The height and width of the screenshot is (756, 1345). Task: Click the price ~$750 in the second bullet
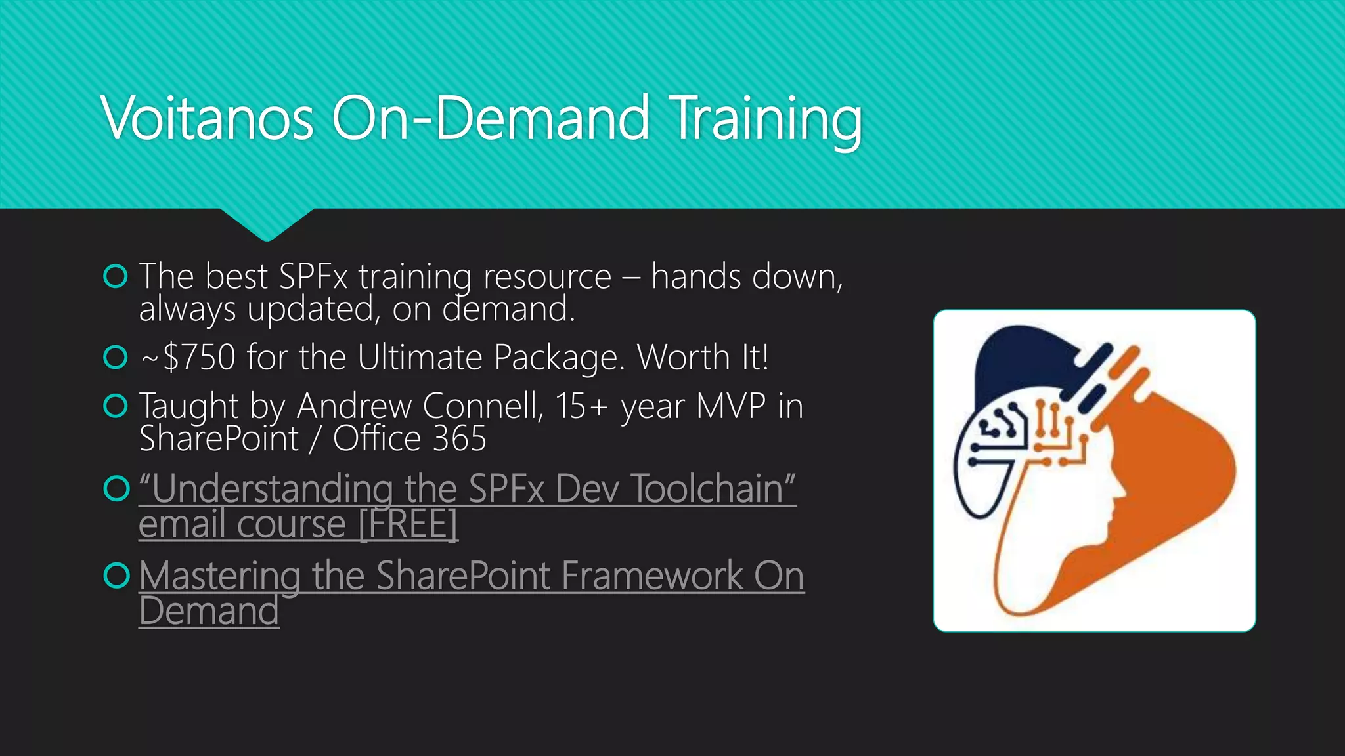click(x=189, y=358)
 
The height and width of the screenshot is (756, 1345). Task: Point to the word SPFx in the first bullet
click(x=313, y=276)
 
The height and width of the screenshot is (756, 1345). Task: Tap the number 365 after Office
click(x=459, y=438)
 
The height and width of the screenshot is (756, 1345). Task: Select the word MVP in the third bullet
click(x=730, y=406)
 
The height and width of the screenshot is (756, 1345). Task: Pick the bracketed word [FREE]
click(x=408, y=524)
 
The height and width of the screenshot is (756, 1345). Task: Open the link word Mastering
click(x=219, y=576)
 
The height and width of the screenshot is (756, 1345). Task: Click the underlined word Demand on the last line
click(x=209, y=612)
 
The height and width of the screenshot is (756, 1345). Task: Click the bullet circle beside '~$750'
click(x=116, y=358)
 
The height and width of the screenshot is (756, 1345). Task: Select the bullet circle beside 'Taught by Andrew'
click(x=116, y=406)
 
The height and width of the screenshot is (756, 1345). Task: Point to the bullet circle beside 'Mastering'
click(x=116, y=576)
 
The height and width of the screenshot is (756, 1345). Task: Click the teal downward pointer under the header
click(x=267, y=223)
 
